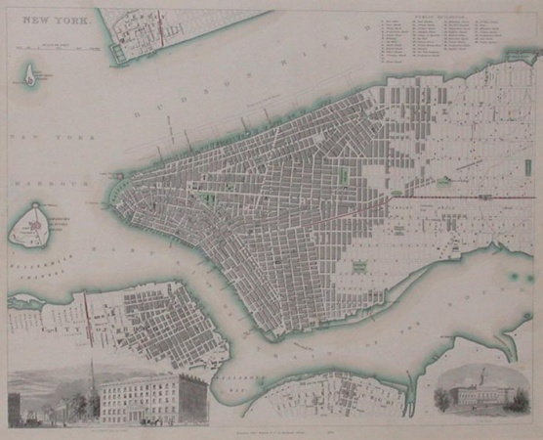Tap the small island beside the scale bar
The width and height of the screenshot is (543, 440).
[x=31, y=73]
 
